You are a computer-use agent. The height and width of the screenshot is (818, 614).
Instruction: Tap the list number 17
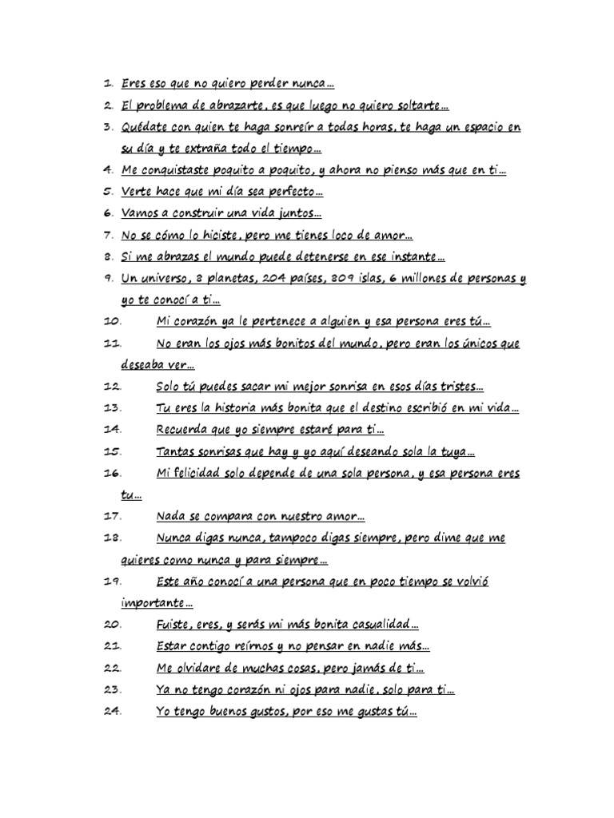[112, 516]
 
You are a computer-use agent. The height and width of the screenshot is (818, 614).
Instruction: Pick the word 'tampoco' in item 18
[307, 538]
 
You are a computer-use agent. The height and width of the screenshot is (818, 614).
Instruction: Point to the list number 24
[112, 711]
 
